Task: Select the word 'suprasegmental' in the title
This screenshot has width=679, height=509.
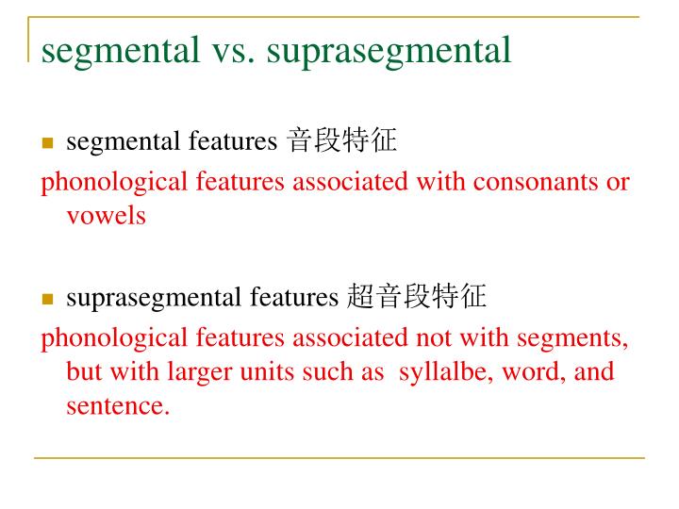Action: click(x=389, y=51)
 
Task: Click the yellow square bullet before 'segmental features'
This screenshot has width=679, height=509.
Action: click(x=47, y=143)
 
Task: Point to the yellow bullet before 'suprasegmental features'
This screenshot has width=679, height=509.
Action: click(x=47, y=300)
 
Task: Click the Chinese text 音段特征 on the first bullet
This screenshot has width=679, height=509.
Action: click(x=341, y=141)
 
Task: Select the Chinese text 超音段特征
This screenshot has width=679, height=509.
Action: click(x=416, y=298)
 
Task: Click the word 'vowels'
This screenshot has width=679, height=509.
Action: click(x=106, y=216)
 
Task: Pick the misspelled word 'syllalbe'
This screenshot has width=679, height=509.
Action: click(x=444, y=371)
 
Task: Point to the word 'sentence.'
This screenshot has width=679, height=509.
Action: click(x=118, y=407)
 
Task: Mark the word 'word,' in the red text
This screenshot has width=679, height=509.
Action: click(x=533, y=371)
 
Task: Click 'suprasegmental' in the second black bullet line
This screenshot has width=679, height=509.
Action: click(x=155, y=299)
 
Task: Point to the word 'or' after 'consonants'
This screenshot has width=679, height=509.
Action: click(x=618, y=181)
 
